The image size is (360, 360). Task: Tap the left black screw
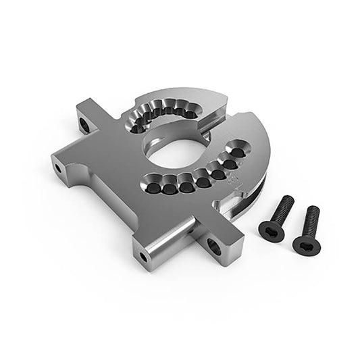point(276,215)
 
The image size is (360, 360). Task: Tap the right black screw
point(307,230)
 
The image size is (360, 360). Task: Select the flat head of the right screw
point(305,242)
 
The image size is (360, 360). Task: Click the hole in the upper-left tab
point(84,124)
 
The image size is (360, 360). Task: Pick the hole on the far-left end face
point(59,166)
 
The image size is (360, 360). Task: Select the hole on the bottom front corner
point(143,256)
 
